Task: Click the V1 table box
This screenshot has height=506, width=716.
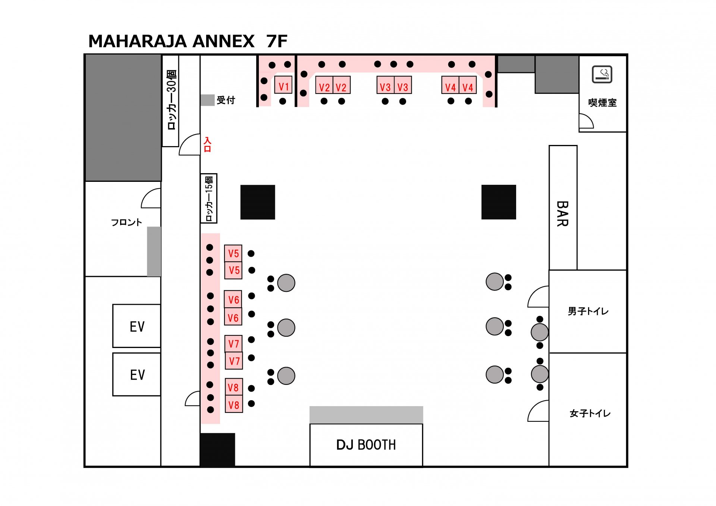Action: point(283,85)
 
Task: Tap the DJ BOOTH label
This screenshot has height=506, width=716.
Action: point(366,445)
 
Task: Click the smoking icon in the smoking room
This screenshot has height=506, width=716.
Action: point(602,75)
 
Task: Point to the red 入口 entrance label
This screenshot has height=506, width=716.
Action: point(207,145)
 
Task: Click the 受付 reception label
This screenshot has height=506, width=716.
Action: point(226,100)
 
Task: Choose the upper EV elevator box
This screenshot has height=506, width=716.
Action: point(137,326)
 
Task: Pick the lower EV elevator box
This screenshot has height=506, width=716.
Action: point(137,374)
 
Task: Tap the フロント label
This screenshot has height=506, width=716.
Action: point(126,222)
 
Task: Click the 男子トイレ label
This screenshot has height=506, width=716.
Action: point(588,311)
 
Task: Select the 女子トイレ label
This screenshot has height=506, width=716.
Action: point(590,413)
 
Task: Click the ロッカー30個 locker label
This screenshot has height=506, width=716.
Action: point(171,100)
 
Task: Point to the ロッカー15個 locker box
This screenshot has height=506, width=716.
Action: point(209,198)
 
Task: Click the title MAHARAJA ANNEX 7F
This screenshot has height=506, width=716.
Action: point(188,41)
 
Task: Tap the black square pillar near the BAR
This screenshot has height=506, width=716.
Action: point(499,202)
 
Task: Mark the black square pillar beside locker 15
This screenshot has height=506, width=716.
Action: point(258,202)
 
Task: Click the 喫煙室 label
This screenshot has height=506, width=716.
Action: point(602,102)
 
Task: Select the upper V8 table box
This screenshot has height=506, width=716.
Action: point(234,387)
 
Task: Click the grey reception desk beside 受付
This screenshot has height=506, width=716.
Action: point(207,100)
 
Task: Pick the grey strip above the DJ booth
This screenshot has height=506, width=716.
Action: point(366,415)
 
